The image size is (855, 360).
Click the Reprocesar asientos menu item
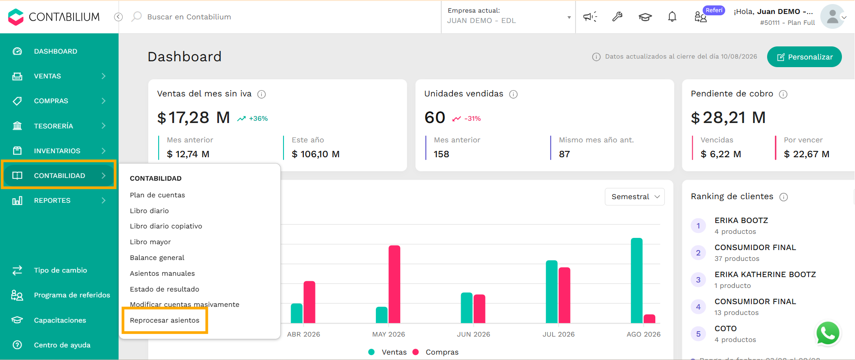point(165,320)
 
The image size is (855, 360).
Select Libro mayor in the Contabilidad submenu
point(150,242)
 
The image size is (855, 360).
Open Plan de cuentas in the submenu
point(157,195)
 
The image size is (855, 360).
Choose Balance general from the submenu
point(157,258)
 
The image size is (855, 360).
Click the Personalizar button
point(805,57)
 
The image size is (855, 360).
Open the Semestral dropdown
point(635,197)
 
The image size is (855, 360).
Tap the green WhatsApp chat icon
point(828,334)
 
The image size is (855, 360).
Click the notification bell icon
point(672,17)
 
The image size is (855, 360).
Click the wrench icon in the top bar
point(617,17)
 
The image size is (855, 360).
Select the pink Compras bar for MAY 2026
point(394,284)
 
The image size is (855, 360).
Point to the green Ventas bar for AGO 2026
point(637,281)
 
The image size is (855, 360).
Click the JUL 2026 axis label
point(558,334)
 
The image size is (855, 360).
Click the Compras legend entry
point(436,352)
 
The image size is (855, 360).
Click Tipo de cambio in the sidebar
point(60,270)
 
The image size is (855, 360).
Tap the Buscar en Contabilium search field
point(189,17)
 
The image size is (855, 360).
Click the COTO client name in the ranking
point(726,328)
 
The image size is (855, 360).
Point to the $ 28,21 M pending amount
point(728,118)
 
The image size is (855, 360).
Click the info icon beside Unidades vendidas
point(513,94)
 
